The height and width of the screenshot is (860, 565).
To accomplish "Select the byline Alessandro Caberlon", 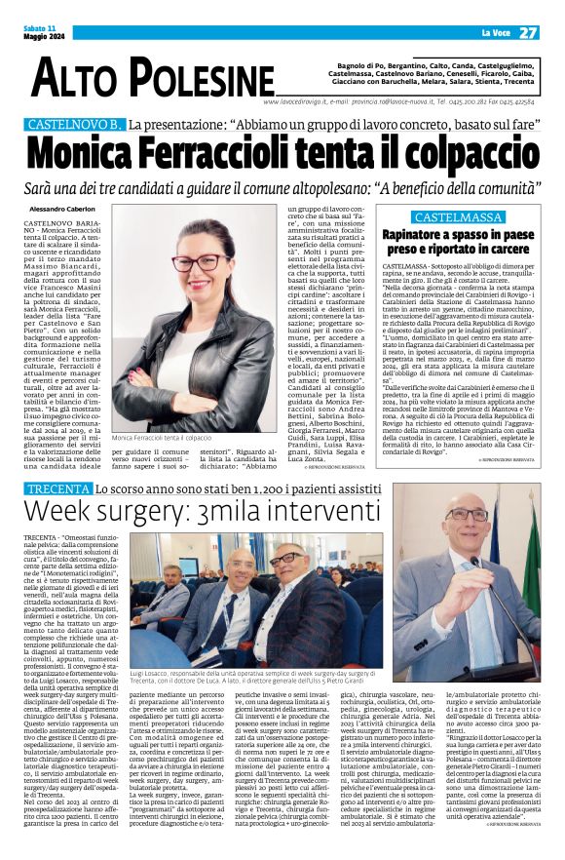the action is pyautogui.click(x=63, y=210).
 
